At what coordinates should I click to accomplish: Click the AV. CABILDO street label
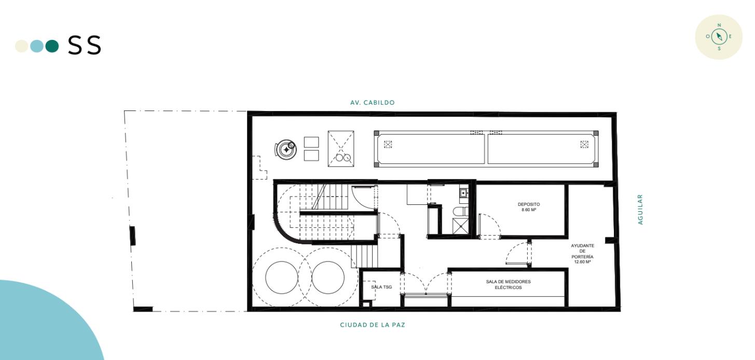372,103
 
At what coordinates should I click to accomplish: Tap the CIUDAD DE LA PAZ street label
372,325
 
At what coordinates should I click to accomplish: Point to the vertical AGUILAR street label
640,210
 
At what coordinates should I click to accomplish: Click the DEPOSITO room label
528,204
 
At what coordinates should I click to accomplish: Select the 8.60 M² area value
528,210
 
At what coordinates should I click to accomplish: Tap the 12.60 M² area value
582,262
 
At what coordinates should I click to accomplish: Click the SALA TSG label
381,287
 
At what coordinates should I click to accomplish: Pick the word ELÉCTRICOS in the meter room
509,287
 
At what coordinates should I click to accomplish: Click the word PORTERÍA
582,257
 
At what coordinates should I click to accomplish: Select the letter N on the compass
719,25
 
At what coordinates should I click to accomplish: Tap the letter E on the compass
730,36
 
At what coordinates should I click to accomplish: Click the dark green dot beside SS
52,46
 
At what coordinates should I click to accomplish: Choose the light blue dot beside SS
37,46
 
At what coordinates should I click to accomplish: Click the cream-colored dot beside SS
22,46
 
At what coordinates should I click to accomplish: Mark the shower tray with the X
460,226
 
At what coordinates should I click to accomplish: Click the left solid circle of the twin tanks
282,278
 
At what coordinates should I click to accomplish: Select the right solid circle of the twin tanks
328,278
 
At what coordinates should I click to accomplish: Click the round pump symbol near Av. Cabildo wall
286,149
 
